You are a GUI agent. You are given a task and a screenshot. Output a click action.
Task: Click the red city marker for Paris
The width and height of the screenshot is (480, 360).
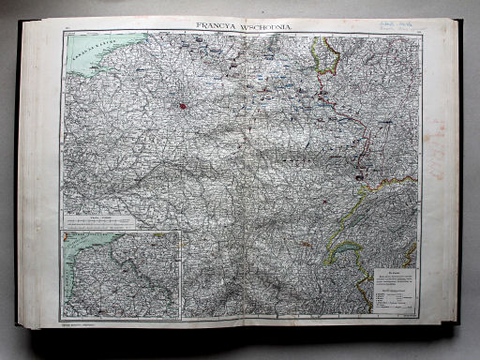(x=182, y=106)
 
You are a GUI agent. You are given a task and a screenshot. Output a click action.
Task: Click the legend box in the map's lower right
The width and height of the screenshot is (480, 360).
(x=395, y=290)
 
